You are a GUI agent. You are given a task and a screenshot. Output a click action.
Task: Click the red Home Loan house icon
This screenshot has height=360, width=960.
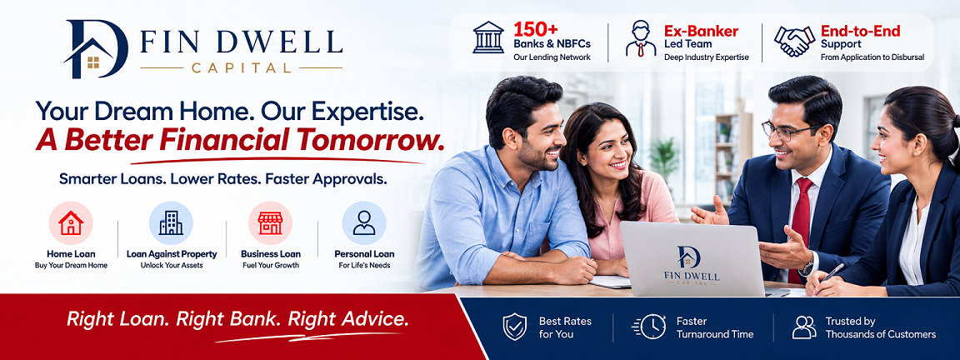[71, 222]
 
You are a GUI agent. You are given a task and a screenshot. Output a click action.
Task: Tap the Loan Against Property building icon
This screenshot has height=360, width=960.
[171, 222]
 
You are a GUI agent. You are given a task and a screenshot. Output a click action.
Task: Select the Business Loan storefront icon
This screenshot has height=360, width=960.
[270, 223]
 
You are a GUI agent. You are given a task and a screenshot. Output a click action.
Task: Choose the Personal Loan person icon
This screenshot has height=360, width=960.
[364, 222]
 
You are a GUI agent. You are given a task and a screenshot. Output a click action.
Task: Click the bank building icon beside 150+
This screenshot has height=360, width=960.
[488, 38]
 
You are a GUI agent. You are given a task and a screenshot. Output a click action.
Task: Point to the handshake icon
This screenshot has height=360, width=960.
[794, 42]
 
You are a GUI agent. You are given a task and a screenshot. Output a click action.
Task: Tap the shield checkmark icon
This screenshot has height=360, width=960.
[514, 327]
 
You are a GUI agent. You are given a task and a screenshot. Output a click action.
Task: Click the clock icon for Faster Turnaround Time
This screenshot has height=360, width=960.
[649, 327]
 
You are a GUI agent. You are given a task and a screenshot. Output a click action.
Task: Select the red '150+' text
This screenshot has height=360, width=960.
[535, 29]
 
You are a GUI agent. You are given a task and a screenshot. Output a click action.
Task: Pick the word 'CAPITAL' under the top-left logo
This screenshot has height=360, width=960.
[241, 67]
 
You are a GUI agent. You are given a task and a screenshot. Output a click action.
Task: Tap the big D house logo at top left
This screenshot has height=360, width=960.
[96, 49]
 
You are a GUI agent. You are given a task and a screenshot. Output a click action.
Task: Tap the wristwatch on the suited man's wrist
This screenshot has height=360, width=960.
[808, 264]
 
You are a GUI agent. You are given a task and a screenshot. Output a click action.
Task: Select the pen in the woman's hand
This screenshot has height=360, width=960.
[832, 273]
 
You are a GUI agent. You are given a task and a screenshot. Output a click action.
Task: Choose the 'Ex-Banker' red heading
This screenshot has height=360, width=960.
[701, 31]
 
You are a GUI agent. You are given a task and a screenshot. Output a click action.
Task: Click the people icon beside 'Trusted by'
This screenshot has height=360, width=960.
[804, 327]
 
